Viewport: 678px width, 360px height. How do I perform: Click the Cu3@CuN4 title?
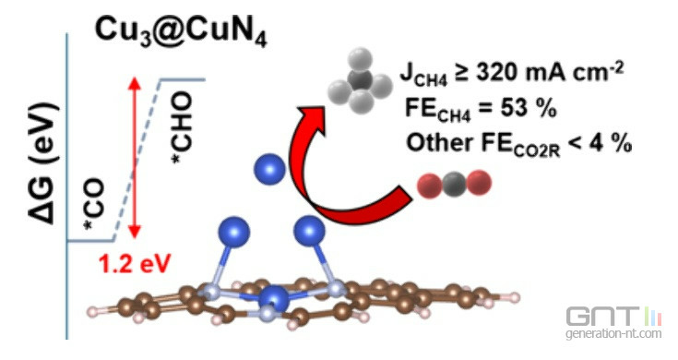point(181,30)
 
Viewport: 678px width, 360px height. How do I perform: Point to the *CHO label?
point(182,127)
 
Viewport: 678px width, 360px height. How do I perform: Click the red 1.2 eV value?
point(135,263)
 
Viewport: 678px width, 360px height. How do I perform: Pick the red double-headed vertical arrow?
point(135,158)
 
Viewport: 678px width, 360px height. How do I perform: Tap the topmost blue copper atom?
point(269,168)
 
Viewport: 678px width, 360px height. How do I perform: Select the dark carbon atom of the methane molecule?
point(360,80)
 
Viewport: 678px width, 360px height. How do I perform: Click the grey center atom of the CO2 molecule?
point(454,185)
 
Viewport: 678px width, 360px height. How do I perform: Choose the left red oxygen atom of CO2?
point(429,186)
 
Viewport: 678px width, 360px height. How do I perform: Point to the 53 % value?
point(529,108)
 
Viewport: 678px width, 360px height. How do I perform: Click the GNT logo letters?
point(602,318)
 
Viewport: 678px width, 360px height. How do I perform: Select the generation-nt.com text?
point(613,334)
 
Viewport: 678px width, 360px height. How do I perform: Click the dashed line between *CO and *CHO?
point(137,160)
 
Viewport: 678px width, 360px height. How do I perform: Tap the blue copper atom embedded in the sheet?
point(273,298)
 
